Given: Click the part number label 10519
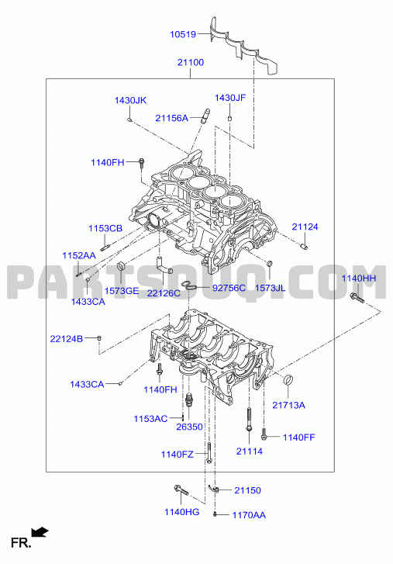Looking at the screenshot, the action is pyautogui.click(x=183, y=35).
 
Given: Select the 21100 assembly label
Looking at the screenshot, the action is pyautogui.click(x=191, y=63).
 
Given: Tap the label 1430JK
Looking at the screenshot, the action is pyautogui.click(x=130, y=100).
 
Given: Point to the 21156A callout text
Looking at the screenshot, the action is pyautogui.click(x=172, y=118).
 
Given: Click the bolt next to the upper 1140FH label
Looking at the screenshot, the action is pyautogui.click(x=141, y=163).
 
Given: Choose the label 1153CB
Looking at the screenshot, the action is pyautogui.click(x=105, y=228).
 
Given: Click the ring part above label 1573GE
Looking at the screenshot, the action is pyautogui.click(x=122, y=267).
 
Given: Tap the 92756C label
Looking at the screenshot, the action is pyautogui.click(x=229, y=288).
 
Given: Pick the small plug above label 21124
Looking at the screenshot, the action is pyautogui.click(x=304, y=247).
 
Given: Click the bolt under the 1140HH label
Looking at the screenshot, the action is pyautogui.click(x=357, y=298).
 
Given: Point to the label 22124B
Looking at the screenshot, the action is pyautogui.click(x=67, y=339).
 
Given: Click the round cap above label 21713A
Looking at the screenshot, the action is pyautogui.click(x=288, y=379).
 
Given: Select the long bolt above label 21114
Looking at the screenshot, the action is pyautogui.click(x=249, y=419).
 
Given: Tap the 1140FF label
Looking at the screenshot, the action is pyautogui.click(x=298, y=438).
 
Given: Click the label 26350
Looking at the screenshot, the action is pyautogui.click(x=189, y=427).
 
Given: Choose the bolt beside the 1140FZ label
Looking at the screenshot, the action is pyautogui.click(x=209, y=452).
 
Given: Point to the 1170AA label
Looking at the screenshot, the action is pyautogui.click(x=249, y=515).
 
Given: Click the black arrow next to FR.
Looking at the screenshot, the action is pyautogui.click(x=40, y=531).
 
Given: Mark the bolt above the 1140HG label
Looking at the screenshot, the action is pyautogui.click(x=181, y=490).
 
